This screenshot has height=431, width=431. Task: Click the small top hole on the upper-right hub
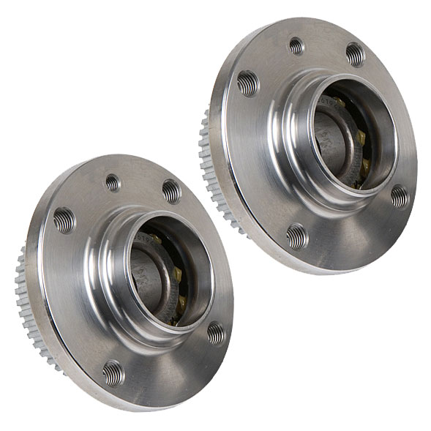tap(296, 46)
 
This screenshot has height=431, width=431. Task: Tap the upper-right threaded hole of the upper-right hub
tap(354, 54)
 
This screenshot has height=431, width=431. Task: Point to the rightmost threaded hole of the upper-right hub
tap(399, 195)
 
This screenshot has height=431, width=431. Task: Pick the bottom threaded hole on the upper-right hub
tap(296, 236)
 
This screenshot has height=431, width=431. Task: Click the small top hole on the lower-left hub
tap(113, 183)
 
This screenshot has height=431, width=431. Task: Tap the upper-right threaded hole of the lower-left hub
tap(171, 191)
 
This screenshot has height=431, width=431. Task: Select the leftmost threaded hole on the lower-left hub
tap(64, 220)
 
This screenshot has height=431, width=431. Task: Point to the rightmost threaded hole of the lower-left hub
tap(216, 333)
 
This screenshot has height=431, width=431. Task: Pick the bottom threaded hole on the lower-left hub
tap(113, 373)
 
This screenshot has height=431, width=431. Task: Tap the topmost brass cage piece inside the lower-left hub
tap(155, 240)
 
